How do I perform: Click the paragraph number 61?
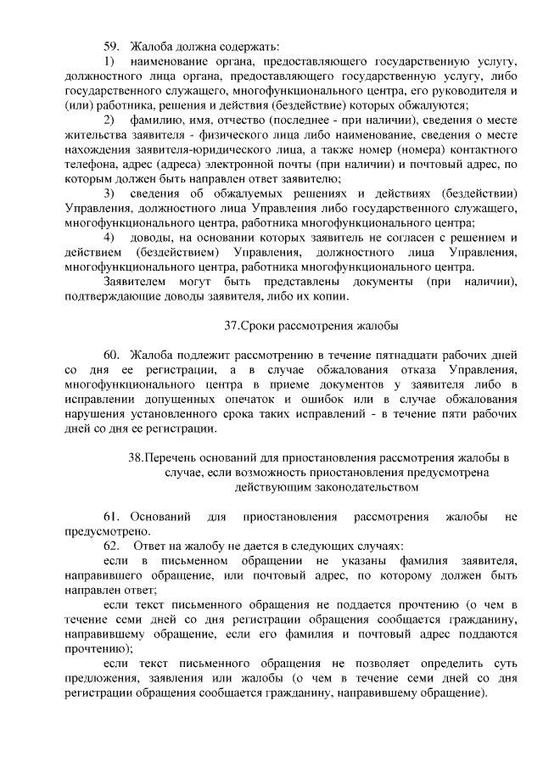tap(112, 517)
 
